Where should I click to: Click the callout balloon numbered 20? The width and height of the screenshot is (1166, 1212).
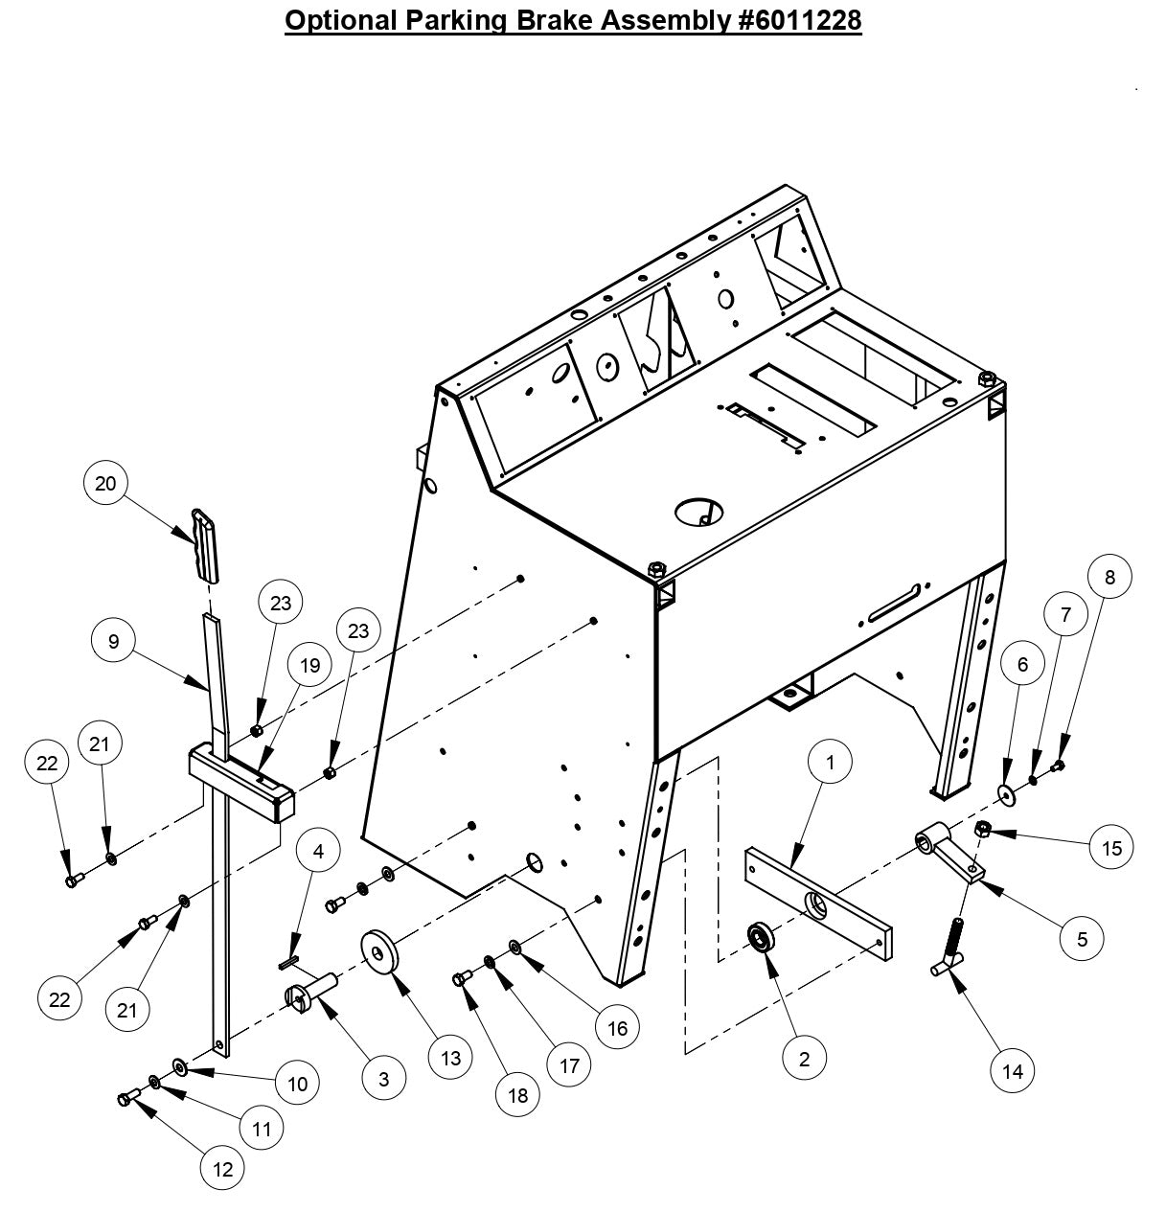[105, 484]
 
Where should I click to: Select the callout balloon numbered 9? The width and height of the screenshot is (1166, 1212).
[114, 641]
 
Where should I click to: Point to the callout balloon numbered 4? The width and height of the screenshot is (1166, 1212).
[318, 851]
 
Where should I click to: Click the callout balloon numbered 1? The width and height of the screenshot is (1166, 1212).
[831, 763]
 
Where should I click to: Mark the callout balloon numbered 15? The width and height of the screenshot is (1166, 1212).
[1111, 847]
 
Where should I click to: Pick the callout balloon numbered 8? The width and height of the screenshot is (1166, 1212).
[1109, 577]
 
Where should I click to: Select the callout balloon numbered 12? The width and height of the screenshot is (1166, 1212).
[222, 1169]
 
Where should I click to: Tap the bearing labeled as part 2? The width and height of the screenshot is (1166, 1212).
[763, 937]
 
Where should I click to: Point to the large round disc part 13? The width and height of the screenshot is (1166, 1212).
[381, 952]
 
